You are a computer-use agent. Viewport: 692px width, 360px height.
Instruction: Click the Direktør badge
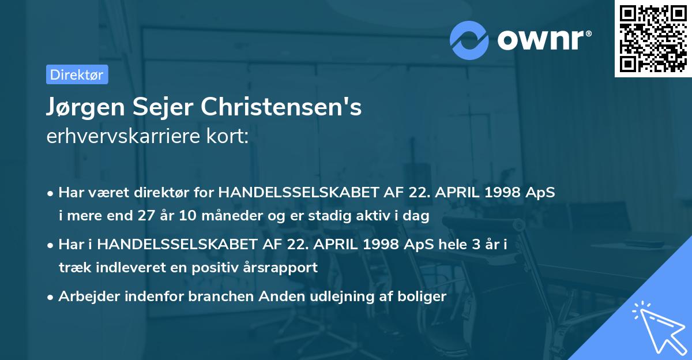coord(77,74)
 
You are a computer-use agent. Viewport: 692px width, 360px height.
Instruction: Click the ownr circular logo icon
coord(469,40)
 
